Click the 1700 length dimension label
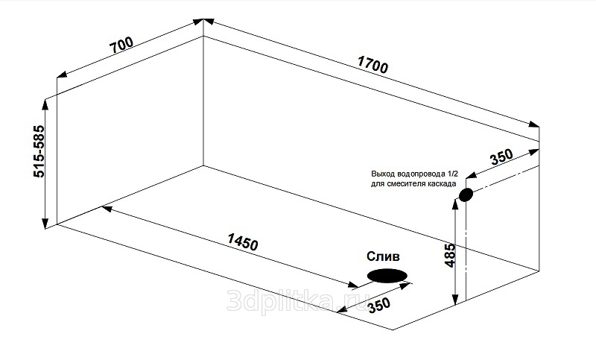(372, 65)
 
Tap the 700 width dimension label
(121, 45)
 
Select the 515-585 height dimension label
(39, 151)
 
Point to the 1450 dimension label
(243, 241)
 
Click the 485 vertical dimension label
(450, 256)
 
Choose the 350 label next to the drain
(379, 305)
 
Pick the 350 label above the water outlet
(501, 157)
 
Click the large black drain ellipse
(387, 276)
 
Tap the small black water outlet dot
(466, 195)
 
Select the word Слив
(383, 256)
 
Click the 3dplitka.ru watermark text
(299, 300)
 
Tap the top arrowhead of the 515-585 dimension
(45, 104)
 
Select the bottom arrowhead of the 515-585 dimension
(45, 224)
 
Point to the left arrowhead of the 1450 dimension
(106, 208)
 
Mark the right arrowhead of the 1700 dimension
(534, 124)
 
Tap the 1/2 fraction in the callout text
(453, 174)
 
